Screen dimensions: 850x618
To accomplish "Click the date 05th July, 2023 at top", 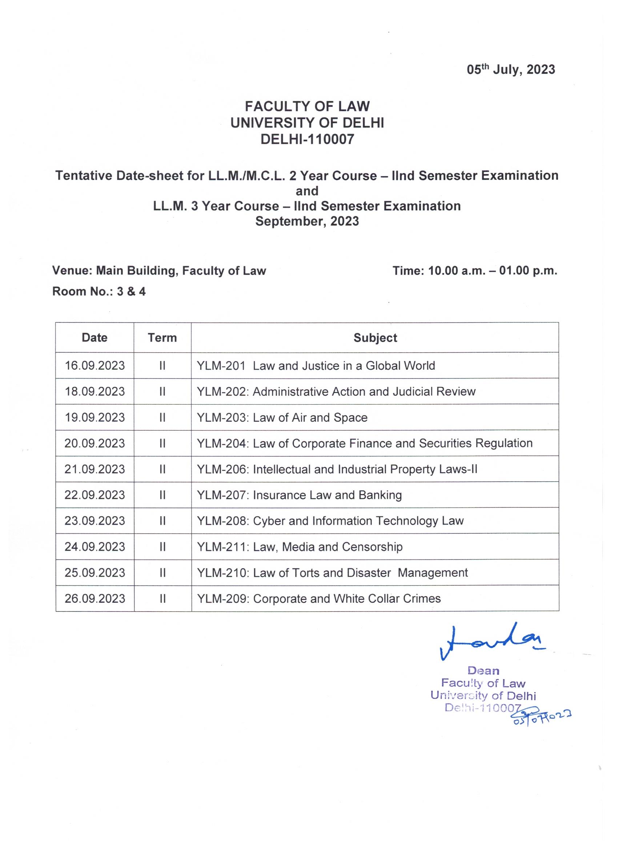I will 510,70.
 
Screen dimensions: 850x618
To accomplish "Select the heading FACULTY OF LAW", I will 307,107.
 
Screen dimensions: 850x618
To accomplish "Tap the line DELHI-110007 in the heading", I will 307,139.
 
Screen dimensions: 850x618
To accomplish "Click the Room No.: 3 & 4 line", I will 99,291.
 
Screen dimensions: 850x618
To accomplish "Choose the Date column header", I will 95,338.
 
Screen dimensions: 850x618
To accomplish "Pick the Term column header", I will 162,338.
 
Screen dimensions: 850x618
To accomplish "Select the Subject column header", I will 375,338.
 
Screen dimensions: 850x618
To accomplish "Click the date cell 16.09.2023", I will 95,365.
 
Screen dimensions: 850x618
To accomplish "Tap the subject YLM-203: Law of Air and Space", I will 282,417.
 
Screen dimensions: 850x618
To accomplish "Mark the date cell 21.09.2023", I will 95,469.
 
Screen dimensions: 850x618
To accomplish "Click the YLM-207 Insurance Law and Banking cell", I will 300,495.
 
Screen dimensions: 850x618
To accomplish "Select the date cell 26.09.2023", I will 95,598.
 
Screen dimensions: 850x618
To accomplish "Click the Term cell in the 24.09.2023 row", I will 162,547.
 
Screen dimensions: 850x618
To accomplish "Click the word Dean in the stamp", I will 483,670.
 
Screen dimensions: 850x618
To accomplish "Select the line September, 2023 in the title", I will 307,221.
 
